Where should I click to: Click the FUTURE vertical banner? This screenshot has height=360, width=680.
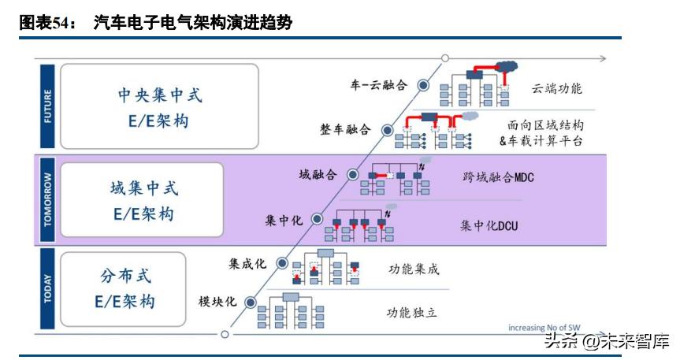[x=46, y=106]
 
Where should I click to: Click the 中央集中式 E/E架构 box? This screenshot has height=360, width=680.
[x=159, y=106]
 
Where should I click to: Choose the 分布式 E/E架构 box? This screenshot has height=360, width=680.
[x=124, y=288]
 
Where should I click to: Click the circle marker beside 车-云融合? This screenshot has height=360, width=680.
[x=423, y=84]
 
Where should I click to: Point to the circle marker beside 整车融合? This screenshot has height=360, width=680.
[x=387, y=130]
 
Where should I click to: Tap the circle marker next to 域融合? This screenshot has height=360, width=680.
[x=352, y=175]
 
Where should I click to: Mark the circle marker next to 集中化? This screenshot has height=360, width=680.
[x=317, y=219]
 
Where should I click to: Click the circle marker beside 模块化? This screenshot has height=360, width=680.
[x=251, y=302]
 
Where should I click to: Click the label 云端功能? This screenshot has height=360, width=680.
[x=556, y=88]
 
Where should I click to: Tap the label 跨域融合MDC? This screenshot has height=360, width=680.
[x=498, y=177]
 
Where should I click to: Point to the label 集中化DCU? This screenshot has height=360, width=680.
[x=489, y=225]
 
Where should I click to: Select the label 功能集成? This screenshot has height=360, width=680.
[x=414, y=269]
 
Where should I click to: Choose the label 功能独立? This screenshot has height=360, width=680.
[x=411, y=313]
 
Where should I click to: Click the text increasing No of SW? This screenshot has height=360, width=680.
[x=545, y=328]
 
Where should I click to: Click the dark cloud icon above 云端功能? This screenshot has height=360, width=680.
[x=505, y=66]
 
